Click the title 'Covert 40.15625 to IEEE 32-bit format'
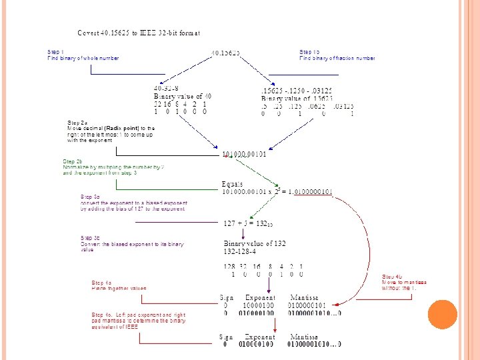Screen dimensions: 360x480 point(139,33)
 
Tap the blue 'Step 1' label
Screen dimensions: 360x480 point(56,51)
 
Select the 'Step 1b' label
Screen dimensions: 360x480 point(309,51)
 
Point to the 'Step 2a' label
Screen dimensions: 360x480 point(77,123)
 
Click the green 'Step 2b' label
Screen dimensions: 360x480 point(73,161)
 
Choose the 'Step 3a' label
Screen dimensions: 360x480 point(90,197)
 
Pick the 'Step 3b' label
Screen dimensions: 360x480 point(90,238)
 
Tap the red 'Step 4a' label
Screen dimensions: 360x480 point(101,283)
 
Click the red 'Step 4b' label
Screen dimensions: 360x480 point(392,276)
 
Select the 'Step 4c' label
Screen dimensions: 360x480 point(102,315)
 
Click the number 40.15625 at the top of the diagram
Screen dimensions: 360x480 point(226,52)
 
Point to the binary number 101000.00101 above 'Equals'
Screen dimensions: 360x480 point(244,155)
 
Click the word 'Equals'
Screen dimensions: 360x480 point(232,184)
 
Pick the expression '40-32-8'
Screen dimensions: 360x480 point(166,87)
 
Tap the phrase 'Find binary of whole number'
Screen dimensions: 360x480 point(83,58)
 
